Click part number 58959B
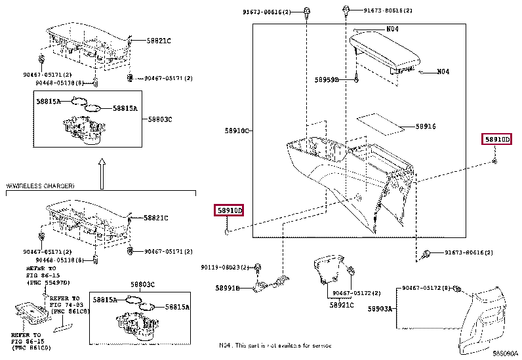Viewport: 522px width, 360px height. click(x=326, y=80)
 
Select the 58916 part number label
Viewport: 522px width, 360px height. click(x=426, y=127)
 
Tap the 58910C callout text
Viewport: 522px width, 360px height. click(x=237, y=131)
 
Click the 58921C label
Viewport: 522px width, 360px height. click(x=342, y=305)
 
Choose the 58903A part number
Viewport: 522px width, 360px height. click(x=380, y=308)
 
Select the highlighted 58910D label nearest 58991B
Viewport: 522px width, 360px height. click(x=230, y=210)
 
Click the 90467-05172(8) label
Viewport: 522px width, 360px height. click(x=426, y=288)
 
